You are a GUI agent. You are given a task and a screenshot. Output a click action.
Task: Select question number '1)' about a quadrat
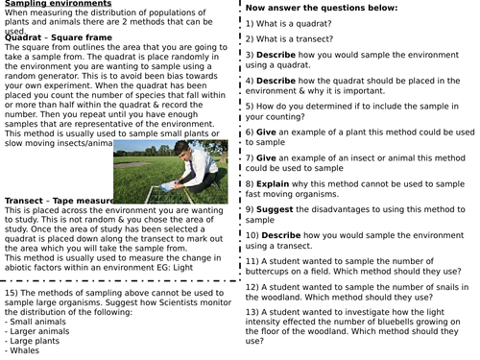click(251, 22)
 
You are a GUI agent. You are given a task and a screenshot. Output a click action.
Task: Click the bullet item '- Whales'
click(24, 350)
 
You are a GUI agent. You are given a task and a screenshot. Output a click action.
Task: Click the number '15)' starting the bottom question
click(12, 292)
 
